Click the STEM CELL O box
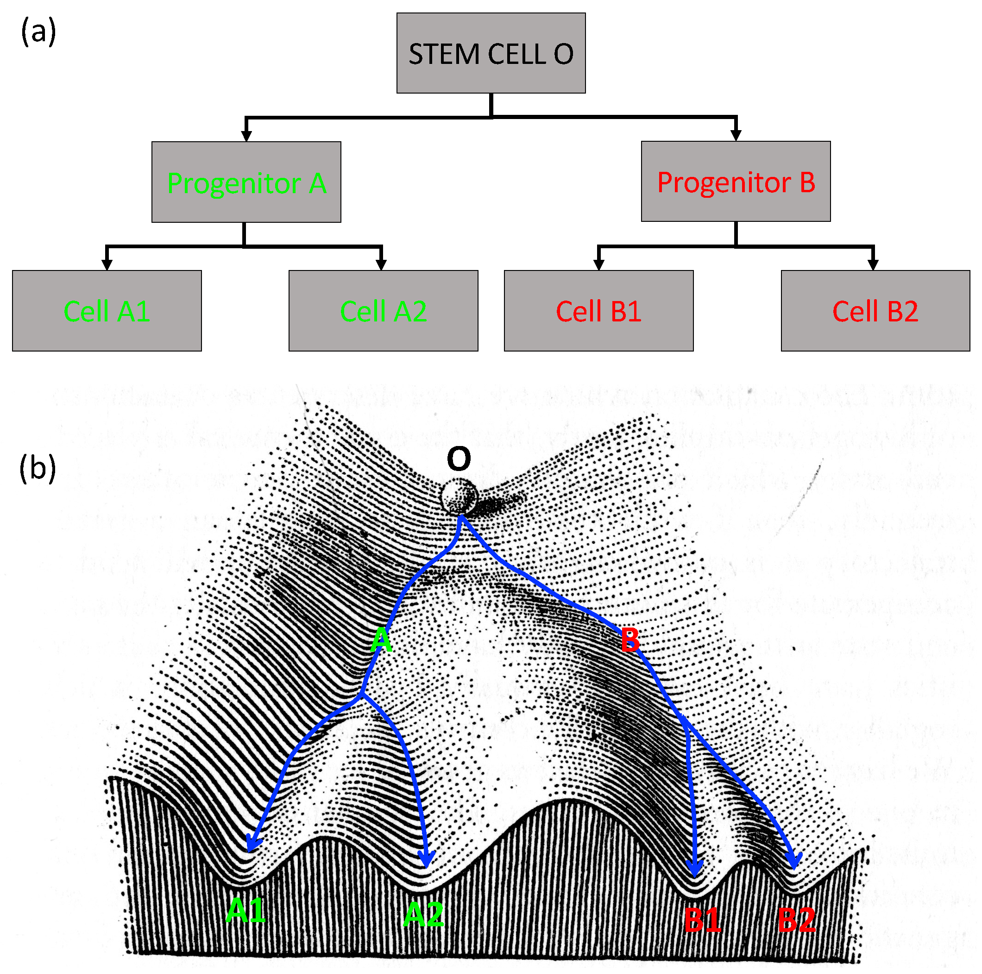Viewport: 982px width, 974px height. (x=491, y=53)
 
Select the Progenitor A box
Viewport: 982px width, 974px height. (x=246, y=182)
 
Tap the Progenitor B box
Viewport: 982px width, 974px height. (x=736, y=182)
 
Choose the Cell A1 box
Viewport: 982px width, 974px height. (x=107, y=310)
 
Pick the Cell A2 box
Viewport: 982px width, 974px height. (x=383, y=310)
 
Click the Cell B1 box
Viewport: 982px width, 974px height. (x=598, y=310)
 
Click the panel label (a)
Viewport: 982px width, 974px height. (x=38, y=31)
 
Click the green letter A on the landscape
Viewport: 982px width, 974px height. (x=381, y=640)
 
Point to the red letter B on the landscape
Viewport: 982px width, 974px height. (x=630, y=640)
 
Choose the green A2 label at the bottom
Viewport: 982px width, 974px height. (x=423, y=915)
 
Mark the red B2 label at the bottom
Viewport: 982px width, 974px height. (x=796, y=920)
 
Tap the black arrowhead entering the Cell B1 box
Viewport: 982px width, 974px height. (x=599, y=264)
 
